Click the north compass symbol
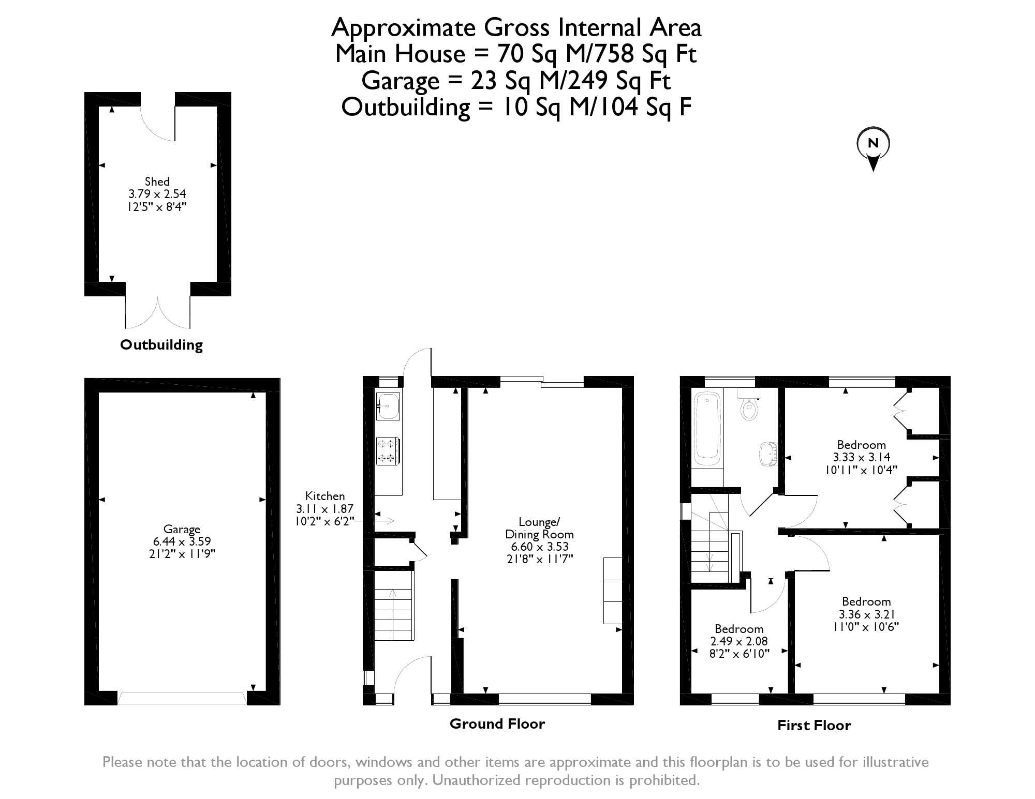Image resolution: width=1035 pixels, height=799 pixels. click(873, 148)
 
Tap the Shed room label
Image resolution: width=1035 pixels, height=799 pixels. click(157, 182)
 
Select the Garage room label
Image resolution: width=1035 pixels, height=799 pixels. click(182, 529)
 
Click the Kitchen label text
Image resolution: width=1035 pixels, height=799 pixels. click(325, 495)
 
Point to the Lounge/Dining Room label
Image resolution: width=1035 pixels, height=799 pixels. click(539, 527)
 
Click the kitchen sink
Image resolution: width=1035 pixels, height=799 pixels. click(388, 406)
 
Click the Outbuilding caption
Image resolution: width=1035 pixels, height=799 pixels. click(161, 345)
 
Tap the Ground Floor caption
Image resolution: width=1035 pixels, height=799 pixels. click(497, 723)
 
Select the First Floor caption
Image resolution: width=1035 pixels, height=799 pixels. click(814, 726)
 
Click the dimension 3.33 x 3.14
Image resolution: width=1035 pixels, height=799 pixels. click(862, 457)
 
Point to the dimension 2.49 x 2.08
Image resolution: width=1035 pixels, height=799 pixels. click(739, 641)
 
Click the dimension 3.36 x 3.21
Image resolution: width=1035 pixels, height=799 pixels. click(866, 614)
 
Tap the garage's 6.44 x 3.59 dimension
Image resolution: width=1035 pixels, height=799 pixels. click(182, 541)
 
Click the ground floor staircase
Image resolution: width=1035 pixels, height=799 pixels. click(394, 605)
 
